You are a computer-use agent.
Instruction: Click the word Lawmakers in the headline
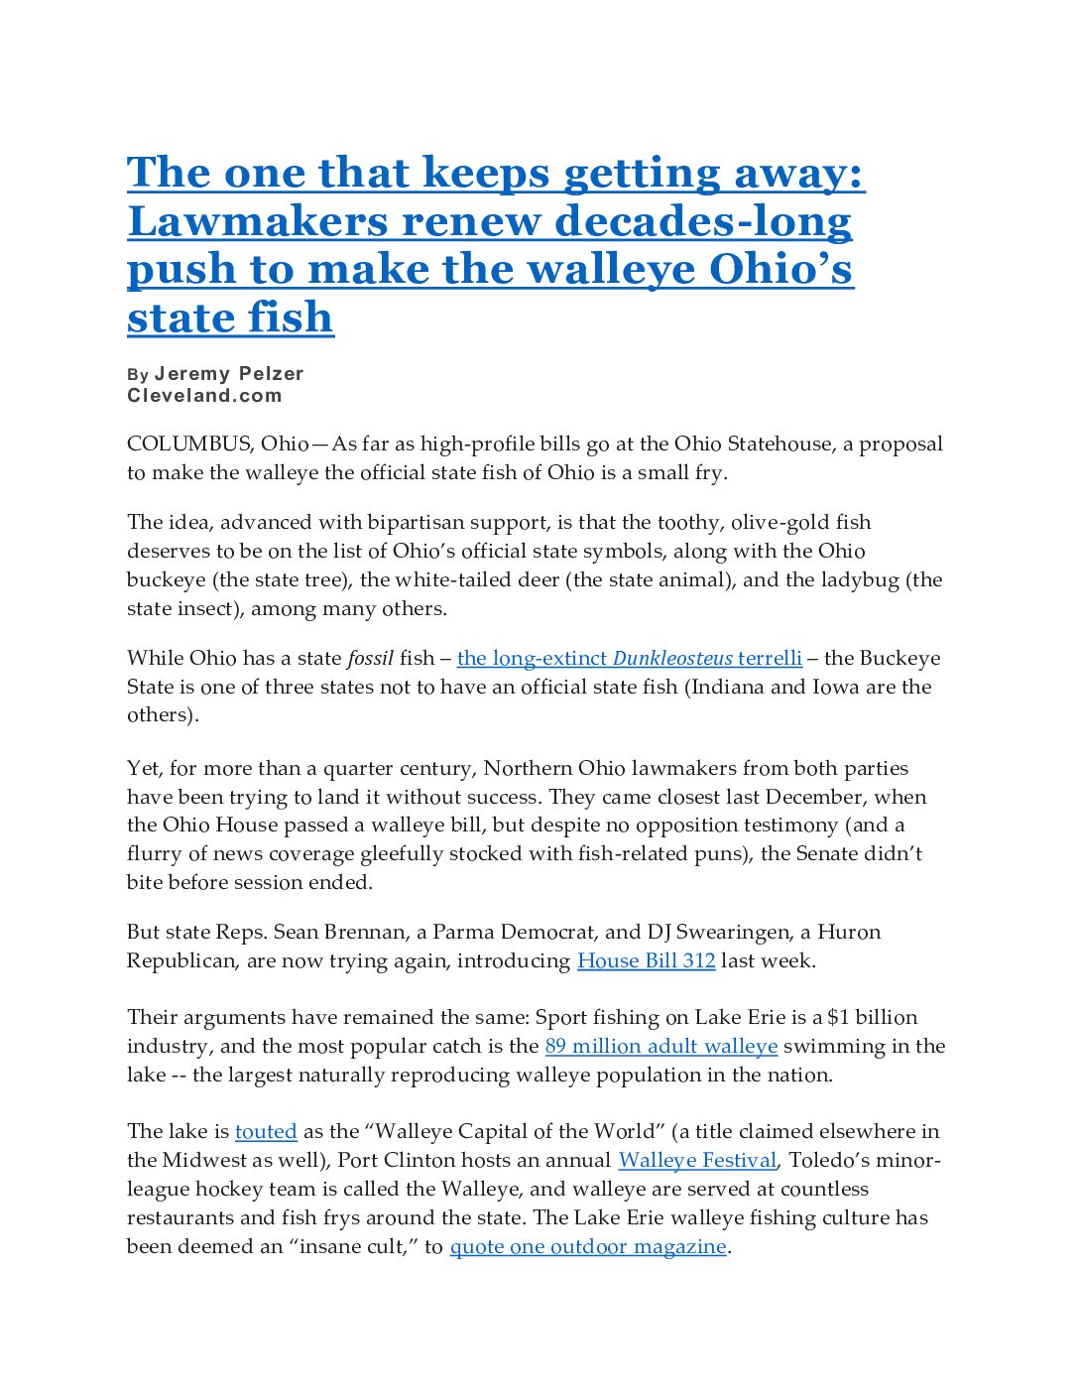(x=257, y=221)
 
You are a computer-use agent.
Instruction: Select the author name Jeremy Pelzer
(x=229, y=374)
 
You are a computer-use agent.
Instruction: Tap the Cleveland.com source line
(x=204, y=396)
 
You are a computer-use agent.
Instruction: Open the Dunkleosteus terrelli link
(x=629, y=658)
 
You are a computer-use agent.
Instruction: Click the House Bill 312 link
(x=646, y=960)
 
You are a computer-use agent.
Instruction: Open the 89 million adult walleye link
(x=661, y=1046)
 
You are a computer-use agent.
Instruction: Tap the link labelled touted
(x=266, y=1131)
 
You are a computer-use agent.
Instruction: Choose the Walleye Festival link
(x=697, y=1160)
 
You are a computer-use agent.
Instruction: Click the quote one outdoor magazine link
(x=588, y=1246)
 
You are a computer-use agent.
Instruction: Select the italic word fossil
(x=370, y=658)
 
